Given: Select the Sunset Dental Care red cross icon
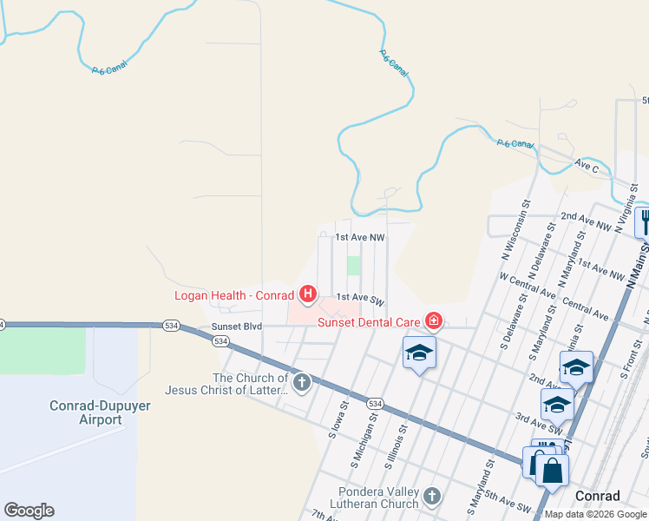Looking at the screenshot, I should tap(433, 323).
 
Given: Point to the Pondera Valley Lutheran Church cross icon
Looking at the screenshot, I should tap(432, 497).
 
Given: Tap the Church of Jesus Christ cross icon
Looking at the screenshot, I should tap(301, 382).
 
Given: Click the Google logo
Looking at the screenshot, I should tap(29, 511).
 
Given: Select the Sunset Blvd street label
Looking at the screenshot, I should tap(237, 327).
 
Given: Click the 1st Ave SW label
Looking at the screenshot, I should tap(359, 299).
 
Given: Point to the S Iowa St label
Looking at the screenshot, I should tap(338, 419).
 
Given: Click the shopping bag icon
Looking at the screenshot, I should tap(552, 472).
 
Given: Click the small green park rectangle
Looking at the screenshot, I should tap(354, 266).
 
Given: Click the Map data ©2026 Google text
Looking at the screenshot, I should tap(596, 514).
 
